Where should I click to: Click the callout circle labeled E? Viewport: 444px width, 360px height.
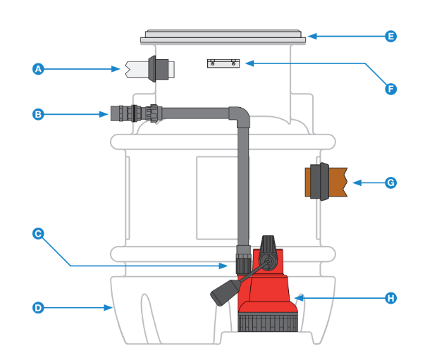(391, 36)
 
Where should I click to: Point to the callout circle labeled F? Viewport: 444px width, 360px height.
(391, 89)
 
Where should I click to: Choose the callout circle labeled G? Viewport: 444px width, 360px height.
(391, 182)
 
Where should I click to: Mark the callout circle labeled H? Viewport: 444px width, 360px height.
(391, 298)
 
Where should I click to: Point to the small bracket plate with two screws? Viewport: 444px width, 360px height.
(223, 63)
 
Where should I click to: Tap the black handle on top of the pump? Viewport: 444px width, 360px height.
(269, 247)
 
